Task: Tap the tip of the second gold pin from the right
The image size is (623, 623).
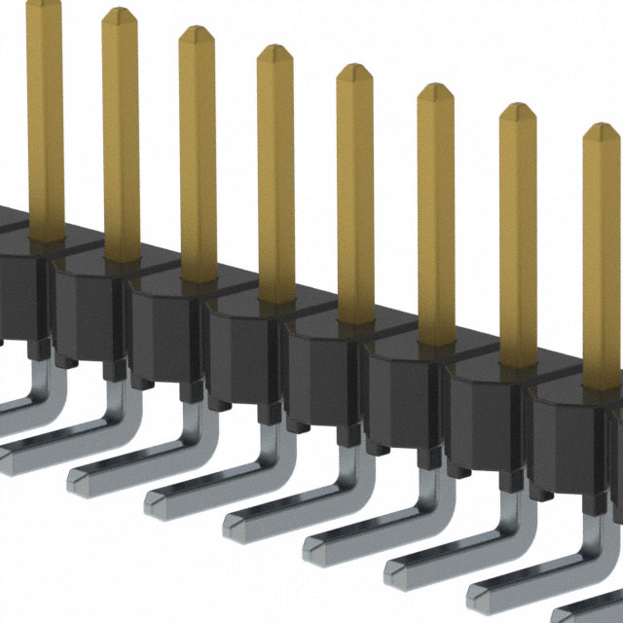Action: [518, 110]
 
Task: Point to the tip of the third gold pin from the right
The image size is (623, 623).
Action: [435, 91]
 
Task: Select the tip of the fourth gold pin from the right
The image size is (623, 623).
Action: [354, 70]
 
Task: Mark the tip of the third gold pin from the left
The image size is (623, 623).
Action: [196, 33]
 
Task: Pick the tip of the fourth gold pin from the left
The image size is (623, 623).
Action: [275, 52]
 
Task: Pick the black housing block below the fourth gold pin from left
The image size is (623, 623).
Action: [243, 350]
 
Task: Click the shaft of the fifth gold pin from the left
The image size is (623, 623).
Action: [355, 195]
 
